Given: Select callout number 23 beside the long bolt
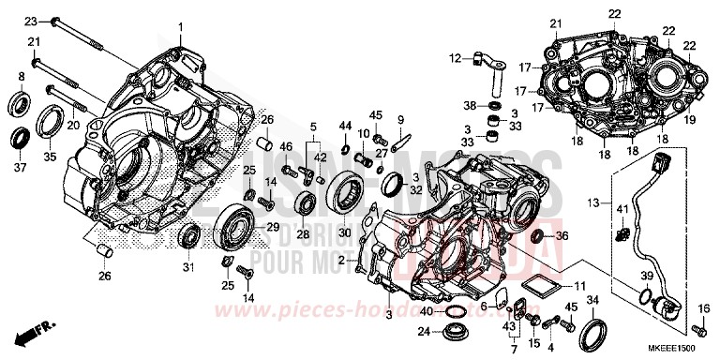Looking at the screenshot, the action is click(29, 21).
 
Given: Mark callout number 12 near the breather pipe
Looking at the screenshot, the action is click(455, 58).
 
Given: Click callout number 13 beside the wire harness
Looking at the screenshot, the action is click(592, 203).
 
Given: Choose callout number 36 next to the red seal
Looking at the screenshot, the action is click(562, 236).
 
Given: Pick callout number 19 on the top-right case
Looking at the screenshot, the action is click(690, 121).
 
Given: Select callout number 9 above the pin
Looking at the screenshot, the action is click(399, 119).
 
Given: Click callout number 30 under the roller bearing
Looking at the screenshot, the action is click(343, 232).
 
